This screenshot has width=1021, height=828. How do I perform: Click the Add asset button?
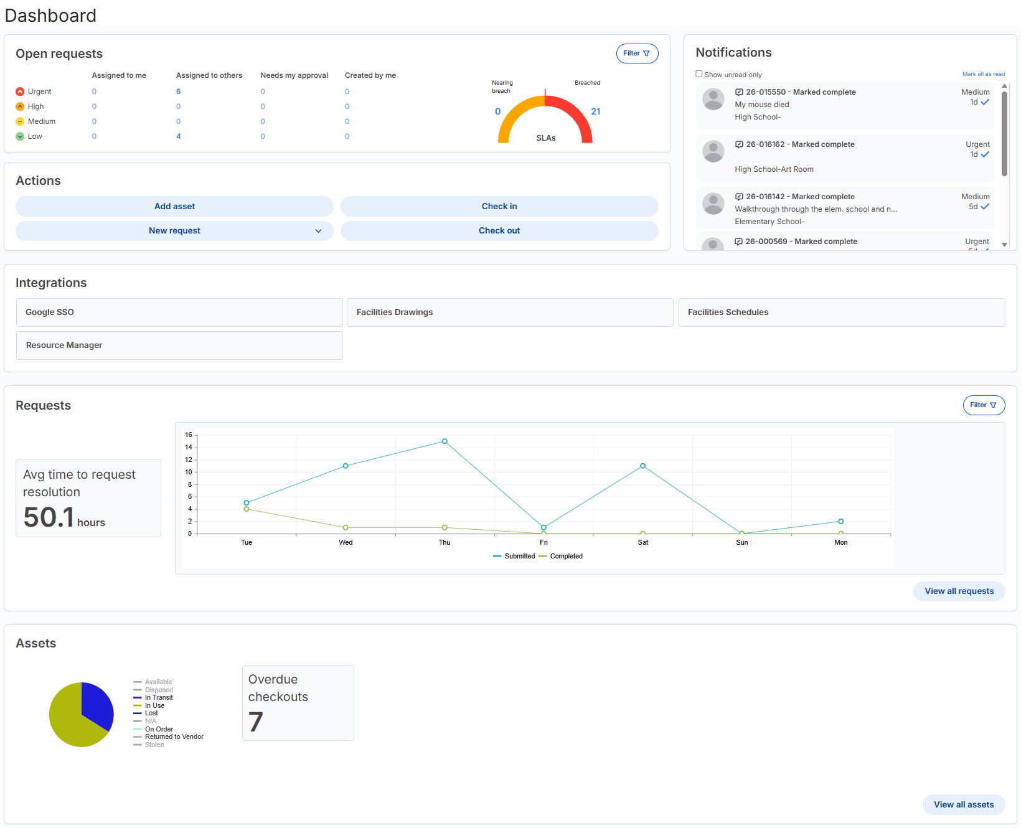coord(174,206)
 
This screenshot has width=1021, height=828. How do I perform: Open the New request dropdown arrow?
coord(318,231)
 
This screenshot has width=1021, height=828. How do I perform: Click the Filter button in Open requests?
coord(637,54)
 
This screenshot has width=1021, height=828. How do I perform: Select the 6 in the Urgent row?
coord(178,92)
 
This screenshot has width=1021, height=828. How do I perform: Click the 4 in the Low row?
coord(178,136)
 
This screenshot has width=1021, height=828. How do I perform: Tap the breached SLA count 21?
coord(595,111)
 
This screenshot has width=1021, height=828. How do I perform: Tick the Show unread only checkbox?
coord(699,74)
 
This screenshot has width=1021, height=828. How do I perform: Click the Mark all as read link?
coord(983,74)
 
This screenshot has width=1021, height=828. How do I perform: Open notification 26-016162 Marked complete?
coord(800,144)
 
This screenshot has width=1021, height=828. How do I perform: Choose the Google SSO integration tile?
coord(179,313)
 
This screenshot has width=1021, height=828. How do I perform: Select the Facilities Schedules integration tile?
coord(841,313)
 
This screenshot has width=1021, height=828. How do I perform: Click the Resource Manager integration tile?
coord(179,346)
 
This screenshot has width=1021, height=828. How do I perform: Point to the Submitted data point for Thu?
coord(445,441)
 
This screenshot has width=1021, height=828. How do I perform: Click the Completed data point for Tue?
coord(247,509)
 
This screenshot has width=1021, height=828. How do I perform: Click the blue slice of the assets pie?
coord(96,703)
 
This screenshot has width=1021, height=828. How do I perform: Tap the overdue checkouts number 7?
coord(256,722)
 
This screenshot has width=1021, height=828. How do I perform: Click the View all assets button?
coord(963,804)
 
